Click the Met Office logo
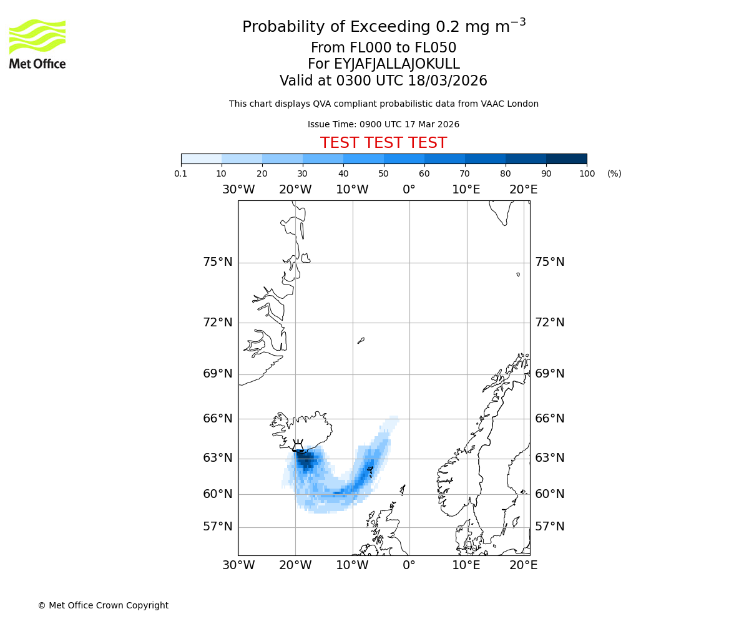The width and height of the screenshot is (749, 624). pos(37,44)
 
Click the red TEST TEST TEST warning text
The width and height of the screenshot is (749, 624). pos(383,143)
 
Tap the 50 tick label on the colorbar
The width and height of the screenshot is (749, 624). pos(384,173)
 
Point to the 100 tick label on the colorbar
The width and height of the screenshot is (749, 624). pos(587,173)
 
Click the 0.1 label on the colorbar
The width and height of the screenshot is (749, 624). pos(181,173)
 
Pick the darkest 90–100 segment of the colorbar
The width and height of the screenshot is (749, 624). pos(566,158)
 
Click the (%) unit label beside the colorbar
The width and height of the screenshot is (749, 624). pos(614,173)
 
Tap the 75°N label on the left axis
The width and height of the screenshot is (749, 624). pos(218,262)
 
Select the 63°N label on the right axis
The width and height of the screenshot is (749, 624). pos(549,458)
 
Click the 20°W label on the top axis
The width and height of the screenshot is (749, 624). pos(295,190)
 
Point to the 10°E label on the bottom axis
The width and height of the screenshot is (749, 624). pos(466,565)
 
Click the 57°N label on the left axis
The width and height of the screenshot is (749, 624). pos(218,527)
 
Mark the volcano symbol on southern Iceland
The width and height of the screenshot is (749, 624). pos(298,446)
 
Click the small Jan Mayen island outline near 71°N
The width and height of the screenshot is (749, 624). pos(361,341)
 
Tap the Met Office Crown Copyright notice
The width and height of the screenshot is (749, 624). pos(103,605)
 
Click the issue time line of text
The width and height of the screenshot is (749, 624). pos(383,124)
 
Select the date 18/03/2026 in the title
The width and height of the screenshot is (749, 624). pos(448,81)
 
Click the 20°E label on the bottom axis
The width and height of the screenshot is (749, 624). pos(523,565)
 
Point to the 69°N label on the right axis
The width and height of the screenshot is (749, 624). pos(549,374)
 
